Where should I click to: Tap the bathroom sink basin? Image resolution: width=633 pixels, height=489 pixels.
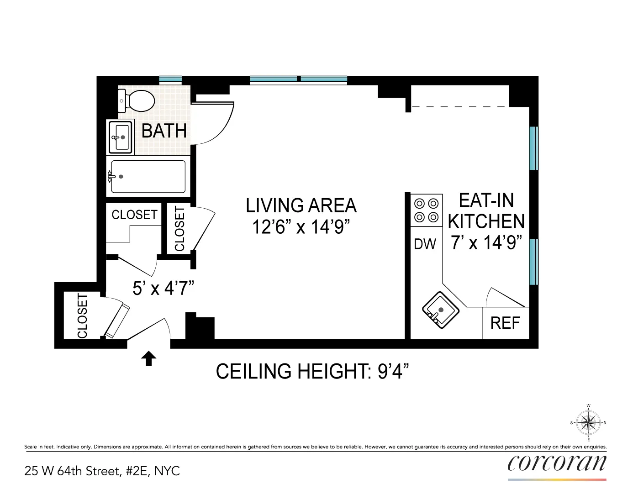click(121, 137)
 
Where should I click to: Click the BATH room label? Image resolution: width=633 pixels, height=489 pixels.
click(164, 131)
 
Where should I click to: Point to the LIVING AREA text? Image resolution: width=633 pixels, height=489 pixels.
click(301, 205)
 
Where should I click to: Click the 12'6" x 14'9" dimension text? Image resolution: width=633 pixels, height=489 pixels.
click(301, 227)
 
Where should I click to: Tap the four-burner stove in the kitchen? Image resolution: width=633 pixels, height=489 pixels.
click(426, 210)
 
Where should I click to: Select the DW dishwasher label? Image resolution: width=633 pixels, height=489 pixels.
click(425, 244)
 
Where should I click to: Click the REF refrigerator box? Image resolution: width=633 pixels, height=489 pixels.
click(505, 323)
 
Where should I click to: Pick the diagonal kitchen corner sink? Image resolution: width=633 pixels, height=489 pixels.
click(440, 310)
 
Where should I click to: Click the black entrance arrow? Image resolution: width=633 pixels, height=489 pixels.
click(148, 358)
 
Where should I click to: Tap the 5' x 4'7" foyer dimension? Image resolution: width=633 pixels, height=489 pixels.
click(163, 288)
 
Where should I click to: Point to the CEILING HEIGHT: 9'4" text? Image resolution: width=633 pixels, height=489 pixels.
click(312, 371)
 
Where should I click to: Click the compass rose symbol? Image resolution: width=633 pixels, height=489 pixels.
click(589, 422)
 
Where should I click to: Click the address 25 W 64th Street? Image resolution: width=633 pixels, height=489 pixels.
click(102, 471)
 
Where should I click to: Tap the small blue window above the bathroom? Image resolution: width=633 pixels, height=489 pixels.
click(170, 79)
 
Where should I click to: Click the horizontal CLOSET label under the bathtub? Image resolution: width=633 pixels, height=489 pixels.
click(134, 215)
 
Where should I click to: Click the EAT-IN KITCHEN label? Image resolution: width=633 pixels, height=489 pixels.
click(486, 211)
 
